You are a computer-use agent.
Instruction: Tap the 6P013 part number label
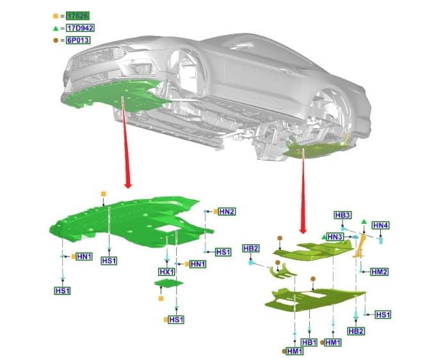[x=76, y=40]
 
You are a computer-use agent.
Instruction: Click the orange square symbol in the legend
[x=56, y=15]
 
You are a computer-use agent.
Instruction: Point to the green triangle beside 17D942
[x=56, y=27]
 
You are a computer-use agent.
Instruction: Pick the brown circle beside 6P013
[x=56, y=40]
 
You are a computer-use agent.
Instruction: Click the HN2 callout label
[x=227, y=211]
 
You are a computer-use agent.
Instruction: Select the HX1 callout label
[x=166, y=272]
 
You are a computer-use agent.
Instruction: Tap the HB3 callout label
[x=342, y=215]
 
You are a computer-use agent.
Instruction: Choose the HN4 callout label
[x=380, y=225]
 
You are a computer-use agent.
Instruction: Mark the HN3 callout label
[x=335, y=237]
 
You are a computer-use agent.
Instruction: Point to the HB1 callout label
[x=309, y=343]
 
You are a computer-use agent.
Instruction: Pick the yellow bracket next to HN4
[x=360, y=246]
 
